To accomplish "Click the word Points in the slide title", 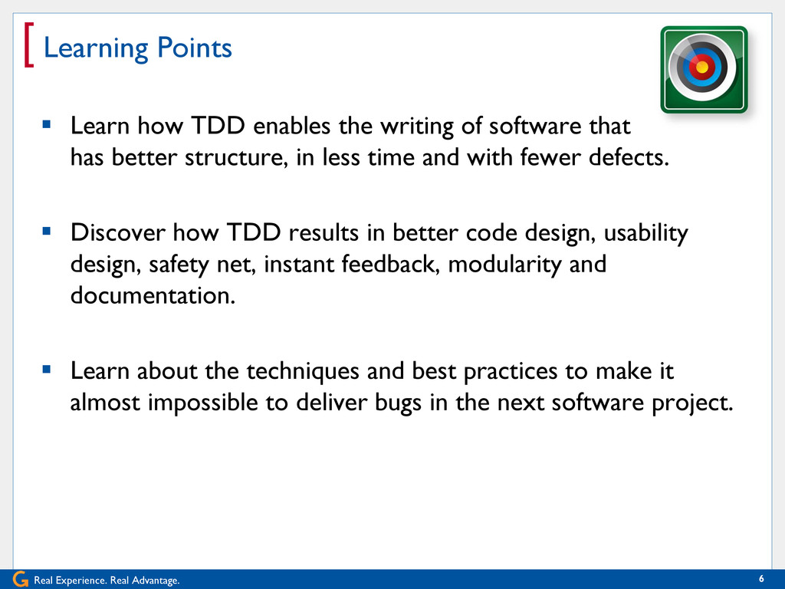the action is [x=194, y=48].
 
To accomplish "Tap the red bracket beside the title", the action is [x=28, y=44].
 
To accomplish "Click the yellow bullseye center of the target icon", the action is [x=702, y=67].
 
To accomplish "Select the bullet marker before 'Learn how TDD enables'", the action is [x=47, y=123].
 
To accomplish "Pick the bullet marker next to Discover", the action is [x=47, y=231].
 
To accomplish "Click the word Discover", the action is [x=117, y=232].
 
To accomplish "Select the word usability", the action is [x=645, y=234].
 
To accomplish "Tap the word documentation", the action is [x=153, y=295].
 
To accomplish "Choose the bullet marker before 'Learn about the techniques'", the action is [x=47, y=370].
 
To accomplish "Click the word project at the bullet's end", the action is [x=692, y=403].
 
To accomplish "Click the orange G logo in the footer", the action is [x=21, y=579].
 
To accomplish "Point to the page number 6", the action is [x=761, y=579].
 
